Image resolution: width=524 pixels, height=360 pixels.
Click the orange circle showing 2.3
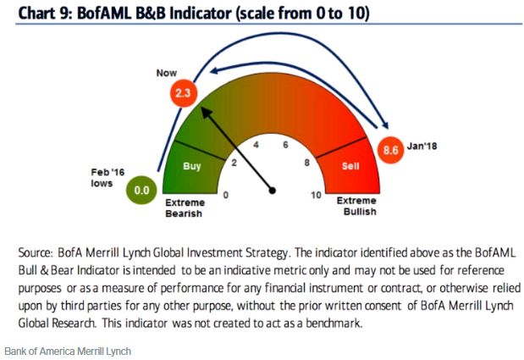(183, 93)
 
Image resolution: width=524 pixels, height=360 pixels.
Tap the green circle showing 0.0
(141, 191)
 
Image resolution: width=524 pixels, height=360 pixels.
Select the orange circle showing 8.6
(390, 150)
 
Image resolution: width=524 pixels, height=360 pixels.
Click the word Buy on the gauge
(192, 166)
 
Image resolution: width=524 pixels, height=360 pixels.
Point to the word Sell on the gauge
(350, 166)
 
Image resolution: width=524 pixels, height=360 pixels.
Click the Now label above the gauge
(167, 73)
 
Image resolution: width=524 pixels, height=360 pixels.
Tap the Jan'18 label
(422, 146)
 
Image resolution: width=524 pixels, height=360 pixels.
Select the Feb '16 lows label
(108, 178)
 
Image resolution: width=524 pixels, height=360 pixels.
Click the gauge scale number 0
(226, 195)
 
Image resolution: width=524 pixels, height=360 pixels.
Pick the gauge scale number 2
(234, 163)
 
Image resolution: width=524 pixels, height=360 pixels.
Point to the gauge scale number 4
(256, 145)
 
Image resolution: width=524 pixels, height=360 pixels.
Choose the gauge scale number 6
(285, 145)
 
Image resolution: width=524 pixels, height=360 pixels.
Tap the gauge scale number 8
(306, 163)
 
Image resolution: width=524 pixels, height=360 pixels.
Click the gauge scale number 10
(316, 195)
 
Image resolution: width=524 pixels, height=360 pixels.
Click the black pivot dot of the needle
(273, 191)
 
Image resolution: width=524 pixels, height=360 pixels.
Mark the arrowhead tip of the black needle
(201, 108)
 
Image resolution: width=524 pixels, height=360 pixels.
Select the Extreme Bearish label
(185, 208)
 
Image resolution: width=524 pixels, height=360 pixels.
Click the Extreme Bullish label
(356, 206)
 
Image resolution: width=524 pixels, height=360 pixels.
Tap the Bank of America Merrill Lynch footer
(68, 352)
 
